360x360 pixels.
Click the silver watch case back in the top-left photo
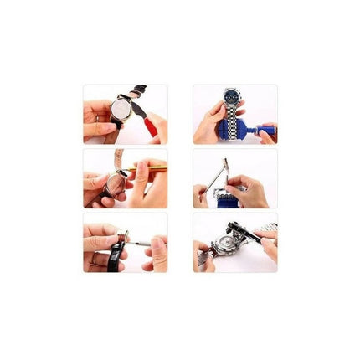coord(122,108)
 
